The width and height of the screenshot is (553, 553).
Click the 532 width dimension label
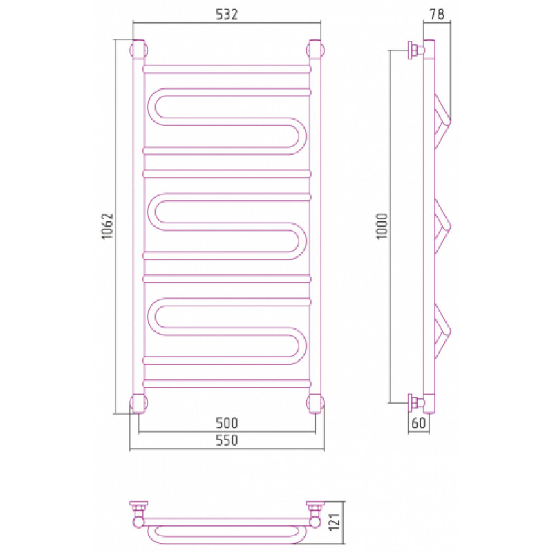click(227, 15)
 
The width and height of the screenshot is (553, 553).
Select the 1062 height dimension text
click(107, 226)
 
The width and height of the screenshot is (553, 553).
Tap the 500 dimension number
click(227, 422)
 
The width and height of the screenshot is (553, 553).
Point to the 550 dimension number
click(227, 440)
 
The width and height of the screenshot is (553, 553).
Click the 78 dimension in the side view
click(437, 15)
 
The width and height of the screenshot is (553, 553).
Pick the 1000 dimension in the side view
click(382, 226)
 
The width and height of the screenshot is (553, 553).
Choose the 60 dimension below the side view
click(419, 422)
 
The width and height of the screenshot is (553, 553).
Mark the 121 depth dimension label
click(334, 522)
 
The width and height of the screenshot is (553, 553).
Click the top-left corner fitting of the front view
click(139, 49)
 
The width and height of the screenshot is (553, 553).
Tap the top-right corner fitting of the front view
click(316, 49)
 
